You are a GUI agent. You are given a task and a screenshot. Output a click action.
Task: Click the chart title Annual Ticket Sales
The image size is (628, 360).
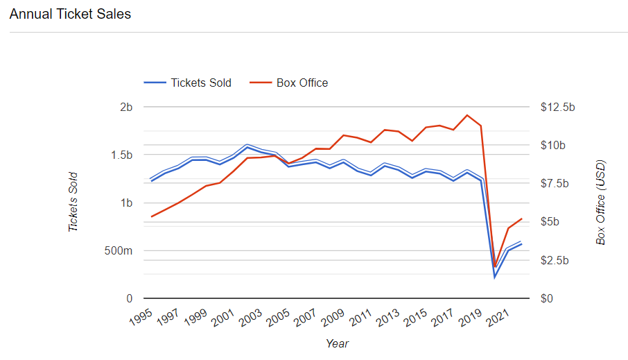(70, 14)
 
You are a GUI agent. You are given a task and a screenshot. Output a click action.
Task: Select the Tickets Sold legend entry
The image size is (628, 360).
(188, 83)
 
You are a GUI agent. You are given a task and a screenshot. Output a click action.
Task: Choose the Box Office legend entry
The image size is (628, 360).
(290, 83)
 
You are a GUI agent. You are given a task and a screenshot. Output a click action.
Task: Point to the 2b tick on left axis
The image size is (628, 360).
(125, 108)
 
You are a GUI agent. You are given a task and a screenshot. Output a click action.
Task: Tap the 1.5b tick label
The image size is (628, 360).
(120, 155)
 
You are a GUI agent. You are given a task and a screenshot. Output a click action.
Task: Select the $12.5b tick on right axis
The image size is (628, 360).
(557, 108)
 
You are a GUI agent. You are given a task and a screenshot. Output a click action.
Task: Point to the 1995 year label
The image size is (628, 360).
(141, 317)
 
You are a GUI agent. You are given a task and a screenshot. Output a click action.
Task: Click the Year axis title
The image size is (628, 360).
(337, 343)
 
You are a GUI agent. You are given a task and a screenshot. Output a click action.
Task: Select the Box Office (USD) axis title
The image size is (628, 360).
(600, 202)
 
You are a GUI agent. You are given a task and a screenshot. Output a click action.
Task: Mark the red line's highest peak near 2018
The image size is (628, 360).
(467, 115)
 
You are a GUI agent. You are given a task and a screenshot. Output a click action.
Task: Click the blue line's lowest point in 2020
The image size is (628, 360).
(495, 277)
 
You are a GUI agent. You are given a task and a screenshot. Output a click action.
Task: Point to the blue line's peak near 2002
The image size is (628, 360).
(247, 147)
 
